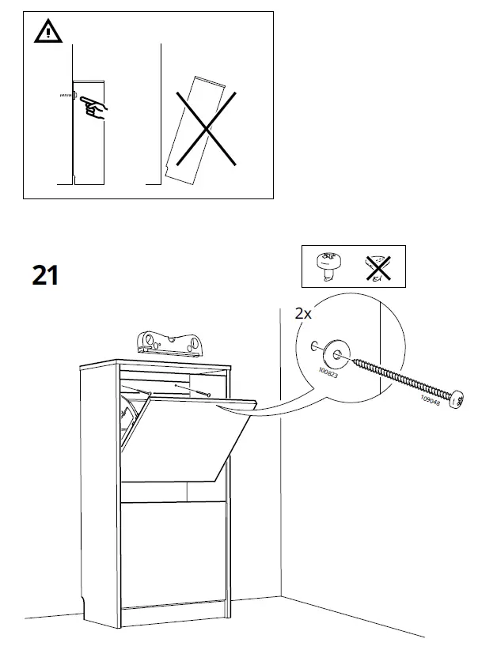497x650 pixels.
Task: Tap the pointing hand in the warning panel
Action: pyautogui.click(x=93, y=106)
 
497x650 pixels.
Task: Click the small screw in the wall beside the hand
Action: pyautogui.click(x=63, y=96)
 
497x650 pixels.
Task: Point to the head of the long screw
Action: pyautogui.click(x=457, y=401)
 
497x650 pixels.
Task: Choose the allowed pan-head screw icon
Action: pyautogui.click(x=328, y=266)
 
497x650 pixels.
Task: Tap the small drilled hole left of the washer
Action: pyautogui.click(x=314, y=346)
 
